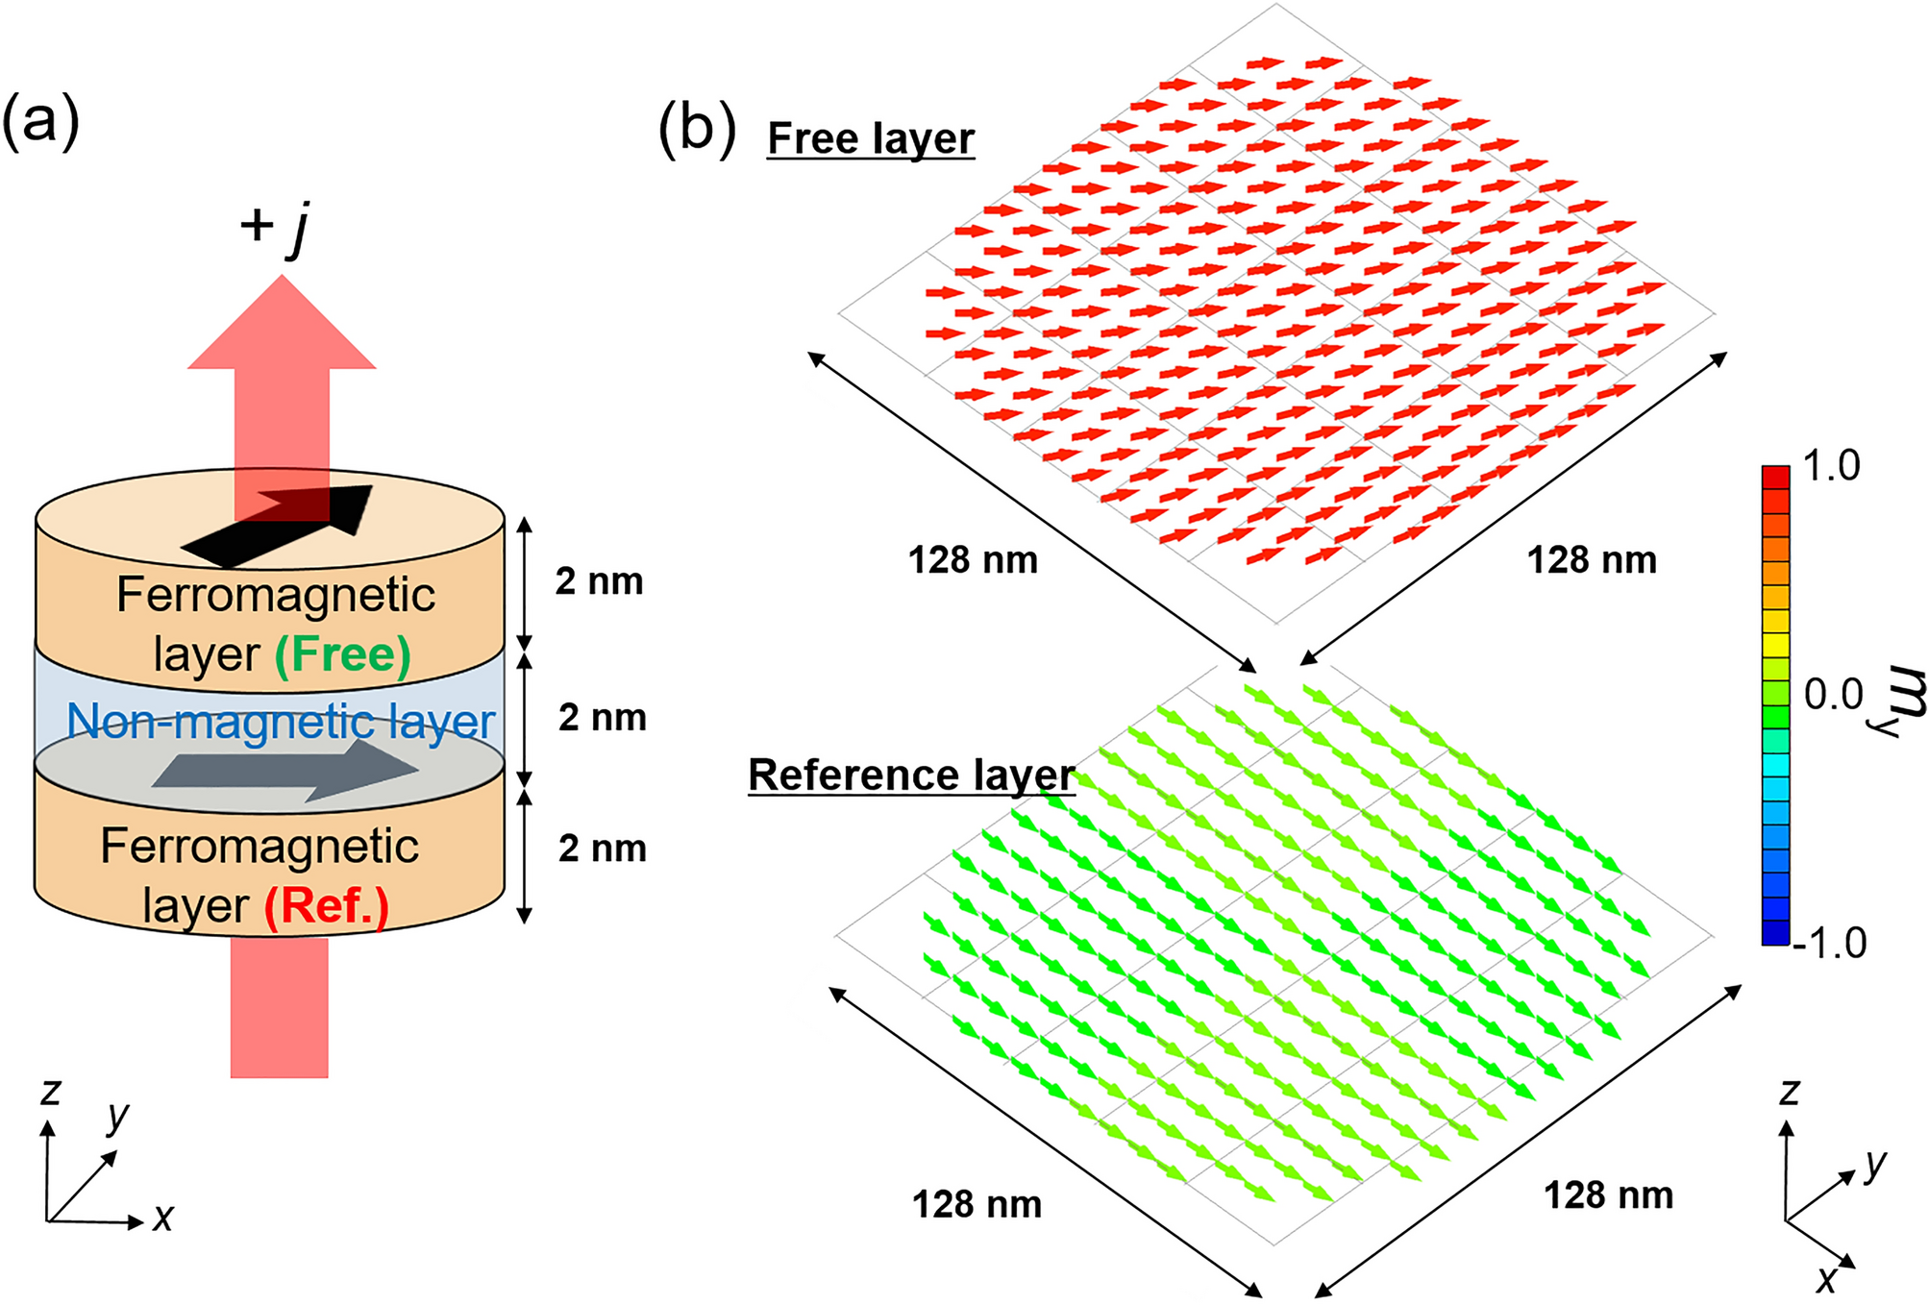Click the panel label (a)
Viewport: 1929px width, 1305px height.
coord(40,121)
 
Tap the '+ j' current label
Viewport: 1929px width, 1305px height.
coord(275,227)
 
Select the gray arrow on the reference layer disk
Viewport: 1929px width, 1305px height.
coord(285,769)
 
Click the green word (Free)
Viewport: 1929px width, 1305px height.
coord(343,655)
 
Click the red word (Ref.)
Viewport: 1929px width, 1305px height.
coord(327,906)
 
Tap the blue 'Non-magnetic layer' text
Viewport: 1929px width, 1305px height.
coord(281,721)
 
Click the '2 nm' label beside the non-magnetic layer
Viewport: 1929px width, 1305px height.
coord(603,718)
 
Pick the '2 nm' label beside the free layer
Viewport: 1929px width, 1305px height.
coord(599,581)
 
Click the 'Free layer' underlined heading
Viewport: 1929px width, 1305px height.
coord(871,138)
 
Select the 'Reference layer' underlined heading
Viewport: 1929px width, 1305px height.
coord(911,775)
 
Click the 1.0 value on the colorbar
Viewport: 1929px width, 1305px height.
coord(1831,467)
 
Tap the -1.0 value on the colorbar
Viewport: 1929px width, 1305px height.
coord(1830,944)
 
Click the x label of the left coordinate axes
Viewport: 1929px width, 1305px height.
coord(163,1219)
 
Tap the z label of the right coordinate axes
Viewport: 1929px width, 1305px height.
coord(1789,1092)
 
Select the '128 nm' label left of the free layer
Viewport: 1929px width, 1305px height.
coord(973,560)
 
